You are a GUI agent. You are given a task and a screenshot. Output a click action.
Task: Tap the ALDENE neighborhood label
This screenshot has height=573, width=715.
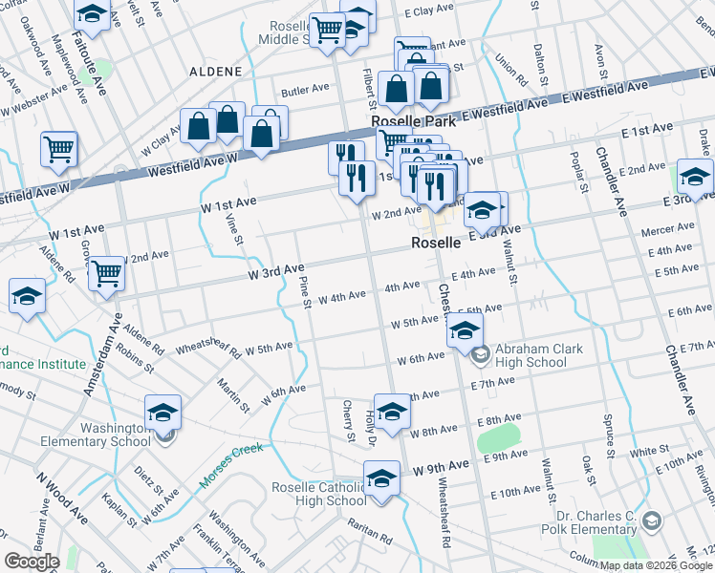[x=216, y=72]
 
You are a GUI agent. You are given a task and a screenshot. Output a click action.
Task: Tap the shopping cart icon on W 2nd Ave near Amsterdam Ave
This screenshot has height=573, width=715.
[x=106, y=273]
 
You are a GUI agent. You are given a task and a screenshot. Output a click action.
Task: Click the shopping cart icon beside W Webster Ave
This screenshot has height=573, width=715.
[x=58, y=148]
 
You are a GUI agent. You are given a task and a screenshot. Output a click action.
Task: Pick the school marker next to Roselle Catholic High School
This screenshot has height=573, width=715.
[x=381, y=477]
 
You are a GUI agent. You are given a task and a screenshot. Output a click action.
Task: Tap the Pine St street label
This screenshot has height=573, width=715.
[x=306, y=292]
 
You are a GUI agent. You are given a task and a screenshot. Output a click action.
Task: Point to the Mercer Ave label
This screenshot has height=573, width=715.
[x=667, y=230]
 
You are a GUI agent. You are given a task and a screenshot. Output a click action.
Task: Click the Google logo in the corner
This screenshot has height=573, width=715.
[x=32, y=562]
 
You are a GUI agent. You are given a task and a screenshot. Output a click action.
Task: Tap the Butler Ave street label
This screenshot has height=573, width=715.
[x=304, y=88]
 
